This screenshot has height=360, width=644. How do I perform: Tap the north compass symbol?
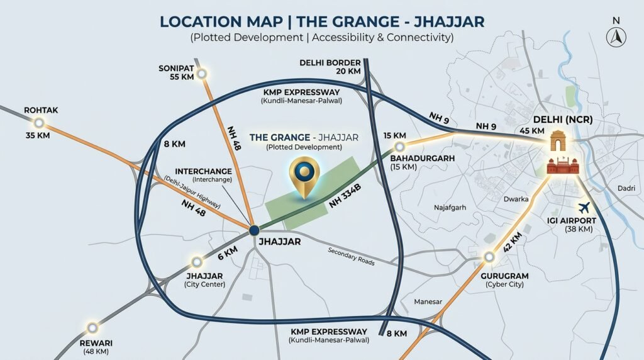[x=615, y=36]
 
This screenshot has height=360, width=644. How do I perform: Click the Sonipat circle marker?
[x=202, y=74]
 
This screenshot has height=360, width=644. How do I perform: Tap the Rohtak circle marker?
[x=40, y=123]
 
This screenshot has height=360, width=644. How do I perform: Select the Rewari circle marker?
[x=92, y=327]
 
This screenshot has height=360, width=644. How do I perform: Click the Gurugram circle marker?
[x=489, y=257]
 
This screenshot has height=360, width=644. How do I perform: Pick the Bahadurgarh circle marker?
[x=398, y=147]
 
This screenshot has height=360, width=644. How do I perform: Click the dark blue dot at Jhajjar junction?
[x=254, y=230]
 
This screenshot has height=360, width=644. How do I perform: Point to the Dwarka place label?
[x=516, y=198]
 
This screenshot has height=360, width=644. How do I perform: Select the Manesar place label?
[x=428, y=302]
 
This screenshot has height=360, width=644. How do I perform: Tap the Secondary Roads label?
[x=351, y=255]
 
